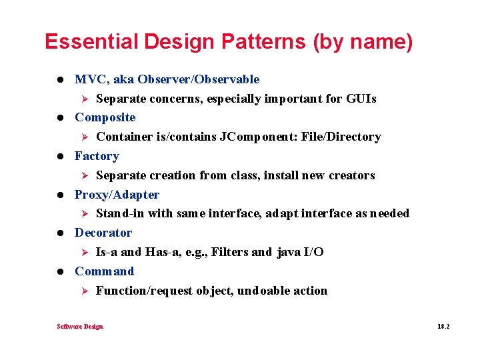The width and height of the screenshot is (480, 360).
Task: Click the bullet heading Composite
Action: (105, 117)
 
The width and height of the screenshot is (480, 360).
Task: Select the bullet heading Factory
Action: (97, 156)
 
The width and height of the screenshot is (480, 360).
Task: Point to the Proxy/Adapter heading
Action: (117, 195)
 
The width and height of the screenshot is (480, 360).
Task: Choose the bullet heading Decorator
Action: (103, 233)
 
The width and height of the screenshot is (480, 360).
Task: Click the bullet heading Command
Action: (104, 271)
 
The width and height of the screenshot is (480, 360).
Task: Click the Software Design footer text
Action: (80, 327)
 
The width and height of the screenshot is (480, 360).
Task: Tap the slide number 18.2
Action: (444, 327)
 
